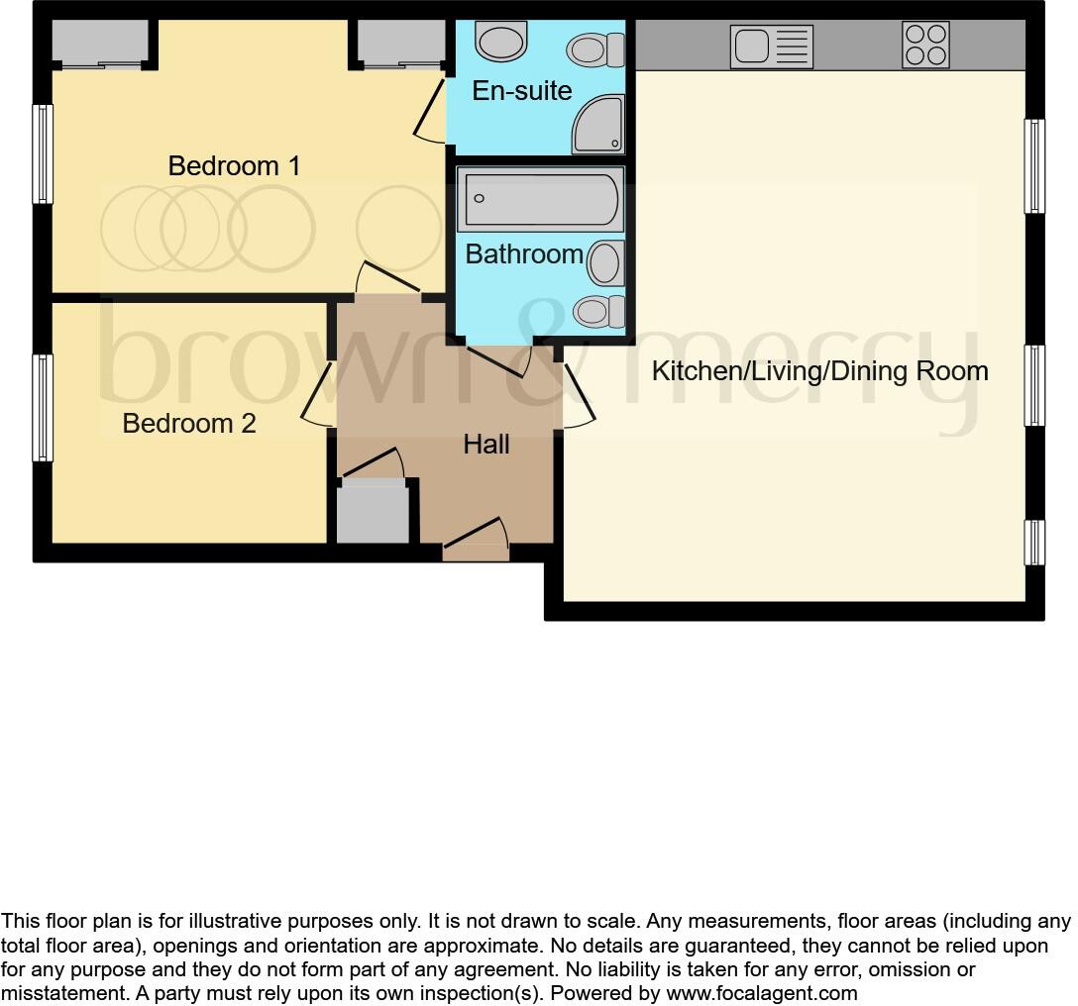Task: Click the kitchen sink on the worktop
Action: tap(771, 47)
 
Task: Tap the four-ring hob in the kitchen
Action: tap(925, 45)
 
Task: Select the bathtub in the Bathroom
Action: tap(540, 199)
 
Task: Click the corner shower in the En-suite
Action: tap(599, 126)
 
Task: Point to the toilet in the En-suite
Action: tap(597, 49)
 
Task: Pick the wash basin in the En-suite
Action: tap(501, 43)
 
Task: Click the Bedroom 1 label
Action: tap(234, 165)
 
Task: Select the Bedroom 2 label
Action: tap(188, 424)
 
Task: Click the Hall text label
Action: tap(486, 445)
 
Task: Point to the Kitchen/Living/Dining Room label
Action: tap(819, 371)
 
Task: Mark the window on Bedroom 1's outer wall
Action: tap(43, 154)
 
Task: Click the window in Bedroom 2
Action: tap(43, 408)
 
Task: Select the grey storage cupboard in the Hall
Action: tap(373, 511)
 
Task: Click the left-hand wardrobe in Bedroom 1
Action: tap(99, 43)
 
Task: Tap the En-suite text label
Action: tap(522, 91)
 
